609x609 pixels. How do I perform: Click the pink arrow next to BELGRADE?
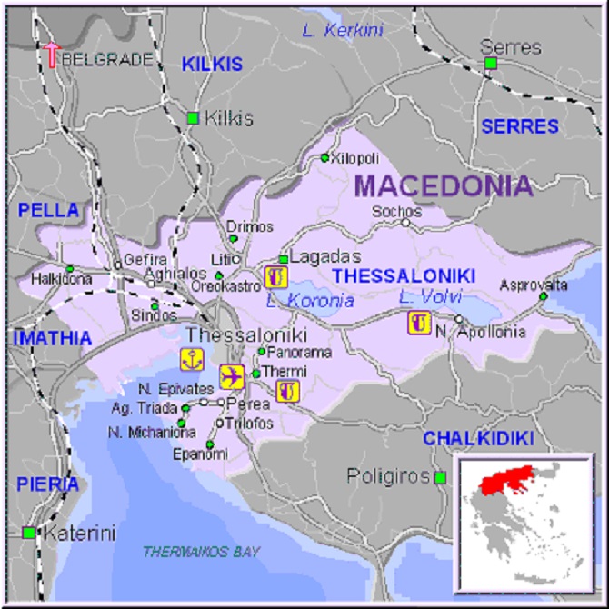52,54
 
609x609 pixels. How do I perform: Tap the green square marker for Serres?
491,63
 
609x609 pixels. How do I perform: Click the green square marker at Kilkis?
193,118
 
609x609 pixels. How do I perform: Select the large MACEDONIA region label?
444,186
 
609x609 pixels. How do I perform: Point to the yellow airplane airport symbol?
232,375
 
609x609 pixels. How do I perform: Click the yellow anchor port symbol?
192,358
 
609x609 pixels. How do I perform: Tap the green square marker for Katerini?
30,533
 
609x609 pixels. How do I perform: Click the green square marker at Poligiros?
440,477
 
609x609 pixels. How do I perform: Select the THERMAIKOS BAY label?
201,552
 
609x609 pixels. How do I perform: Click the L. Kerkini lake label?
343,31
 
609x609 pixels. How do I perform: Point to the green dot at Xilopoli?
324,158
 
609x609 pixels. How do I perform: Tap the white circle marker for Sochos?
406,222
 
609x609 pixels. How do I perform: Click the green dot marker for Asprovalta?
544,296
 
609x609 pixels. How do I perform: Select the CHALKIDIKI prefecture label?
478,439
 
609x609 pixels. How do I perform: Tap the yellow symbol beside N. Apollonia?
419,322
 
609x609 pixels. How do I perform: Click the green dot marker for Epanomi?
211,444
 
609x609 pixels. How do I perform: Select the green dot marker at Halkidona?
70,268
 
